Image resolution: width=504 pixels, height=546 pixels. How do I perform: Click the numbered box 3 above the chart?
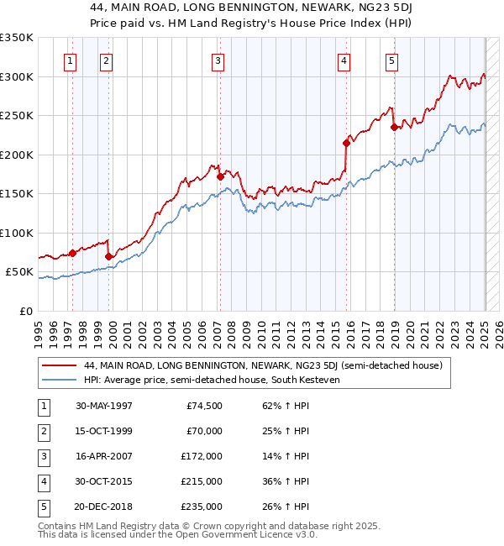click(218, 60)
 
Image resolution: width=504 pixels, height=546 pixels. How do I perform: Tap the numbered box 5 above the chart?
click(392, 60)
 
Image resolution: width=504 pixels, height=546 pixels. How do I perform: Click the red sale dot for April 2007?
click(220, 177)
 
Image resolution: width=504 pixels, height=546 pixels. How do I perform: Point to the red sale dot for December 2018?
click(394, 128)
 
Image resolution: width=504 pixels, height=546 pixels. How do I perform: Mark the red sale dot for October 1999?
click(109, 256)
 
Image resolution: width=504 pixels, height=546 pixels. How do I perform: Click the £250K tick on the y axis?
click(17, 115)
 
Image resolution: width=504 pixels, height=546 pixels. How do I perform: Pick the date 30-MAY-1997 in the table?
click(104, 406)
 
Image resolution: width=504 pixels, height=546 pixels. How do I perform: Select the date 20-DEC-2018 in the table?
click(104, 507)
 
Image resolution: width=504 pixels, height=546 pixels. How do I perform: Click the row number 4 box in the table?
click(43, 481)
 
